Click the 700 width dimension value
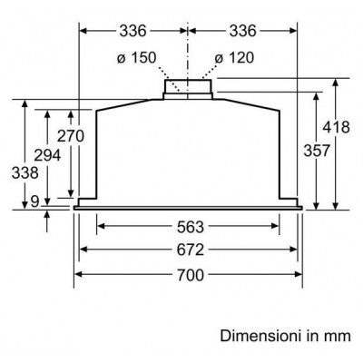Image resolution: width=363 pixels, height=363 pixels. point(191,275)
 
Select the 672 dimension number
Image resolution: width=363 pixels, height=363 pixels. point(191,250)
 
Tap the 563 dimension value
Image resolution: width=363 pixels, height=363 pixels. point(191,227)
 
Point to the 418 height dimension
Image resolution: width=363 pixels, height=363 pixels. point(336,127)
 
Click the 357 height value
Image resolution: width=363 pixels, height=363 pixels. point(317,151)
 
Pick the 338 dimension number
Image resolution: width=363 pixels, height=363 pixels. point(25,173)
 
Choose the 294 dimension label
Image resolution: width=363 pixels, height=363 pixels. point(47,155)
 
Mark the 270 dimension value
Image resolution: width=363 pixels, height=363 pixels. point(71,136)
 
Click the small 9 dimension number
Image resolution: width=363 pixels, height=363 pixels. point(35,201)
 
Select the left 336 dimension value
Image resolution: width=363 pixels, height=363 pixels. point(132,31)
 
